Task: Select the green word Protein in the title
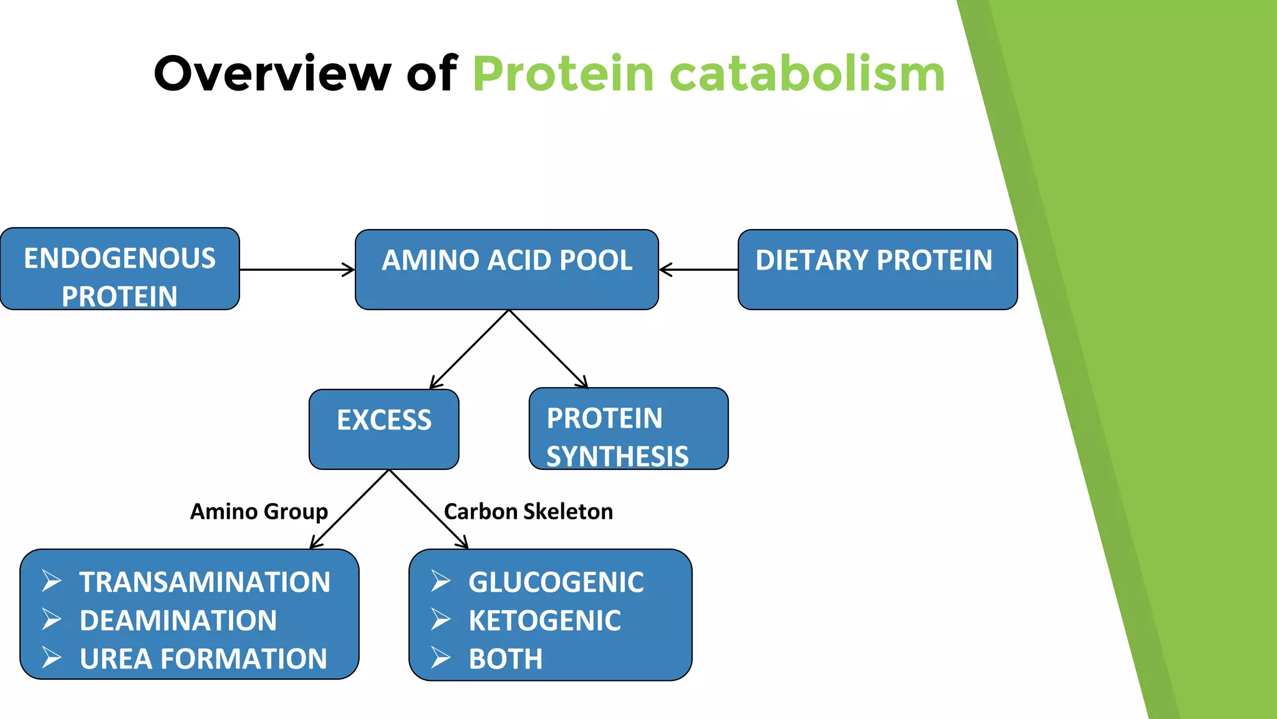(x=563, y=74)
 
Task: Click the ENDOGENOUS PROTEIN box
(x=120, y=270)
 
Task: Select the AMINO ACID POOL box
(x=506, y=270)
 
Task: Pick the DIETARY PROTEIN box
(x=877, y=270)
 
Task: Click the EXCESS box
(x=384, y=429)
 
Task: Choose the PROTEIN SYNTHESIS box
(x=629, y=429)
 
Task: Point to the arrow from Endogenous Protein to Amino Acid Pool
(x=297, y=270)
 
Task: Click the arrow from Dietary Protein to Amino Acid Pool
(x=698, y=270)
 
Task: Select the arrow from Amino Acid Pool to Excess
(x=469, y=350)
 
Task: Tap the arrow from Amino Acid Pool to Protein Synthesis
(x=549, y=350)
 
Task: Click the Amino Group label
(x=259, y=512)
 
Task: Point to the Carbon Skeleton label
(x=528, y=512)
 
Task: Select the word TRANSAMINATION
(x=205, y=582)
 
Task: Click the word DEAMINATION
(x=178, y=621)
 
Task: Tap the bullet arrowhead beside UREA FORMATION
(x=52, y=658)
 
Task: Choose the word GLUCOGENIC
(x=556, y=582)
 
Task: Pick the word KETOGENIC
(x=544, y=621)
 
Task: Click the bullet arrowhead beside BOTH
(x=441, y=658)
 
